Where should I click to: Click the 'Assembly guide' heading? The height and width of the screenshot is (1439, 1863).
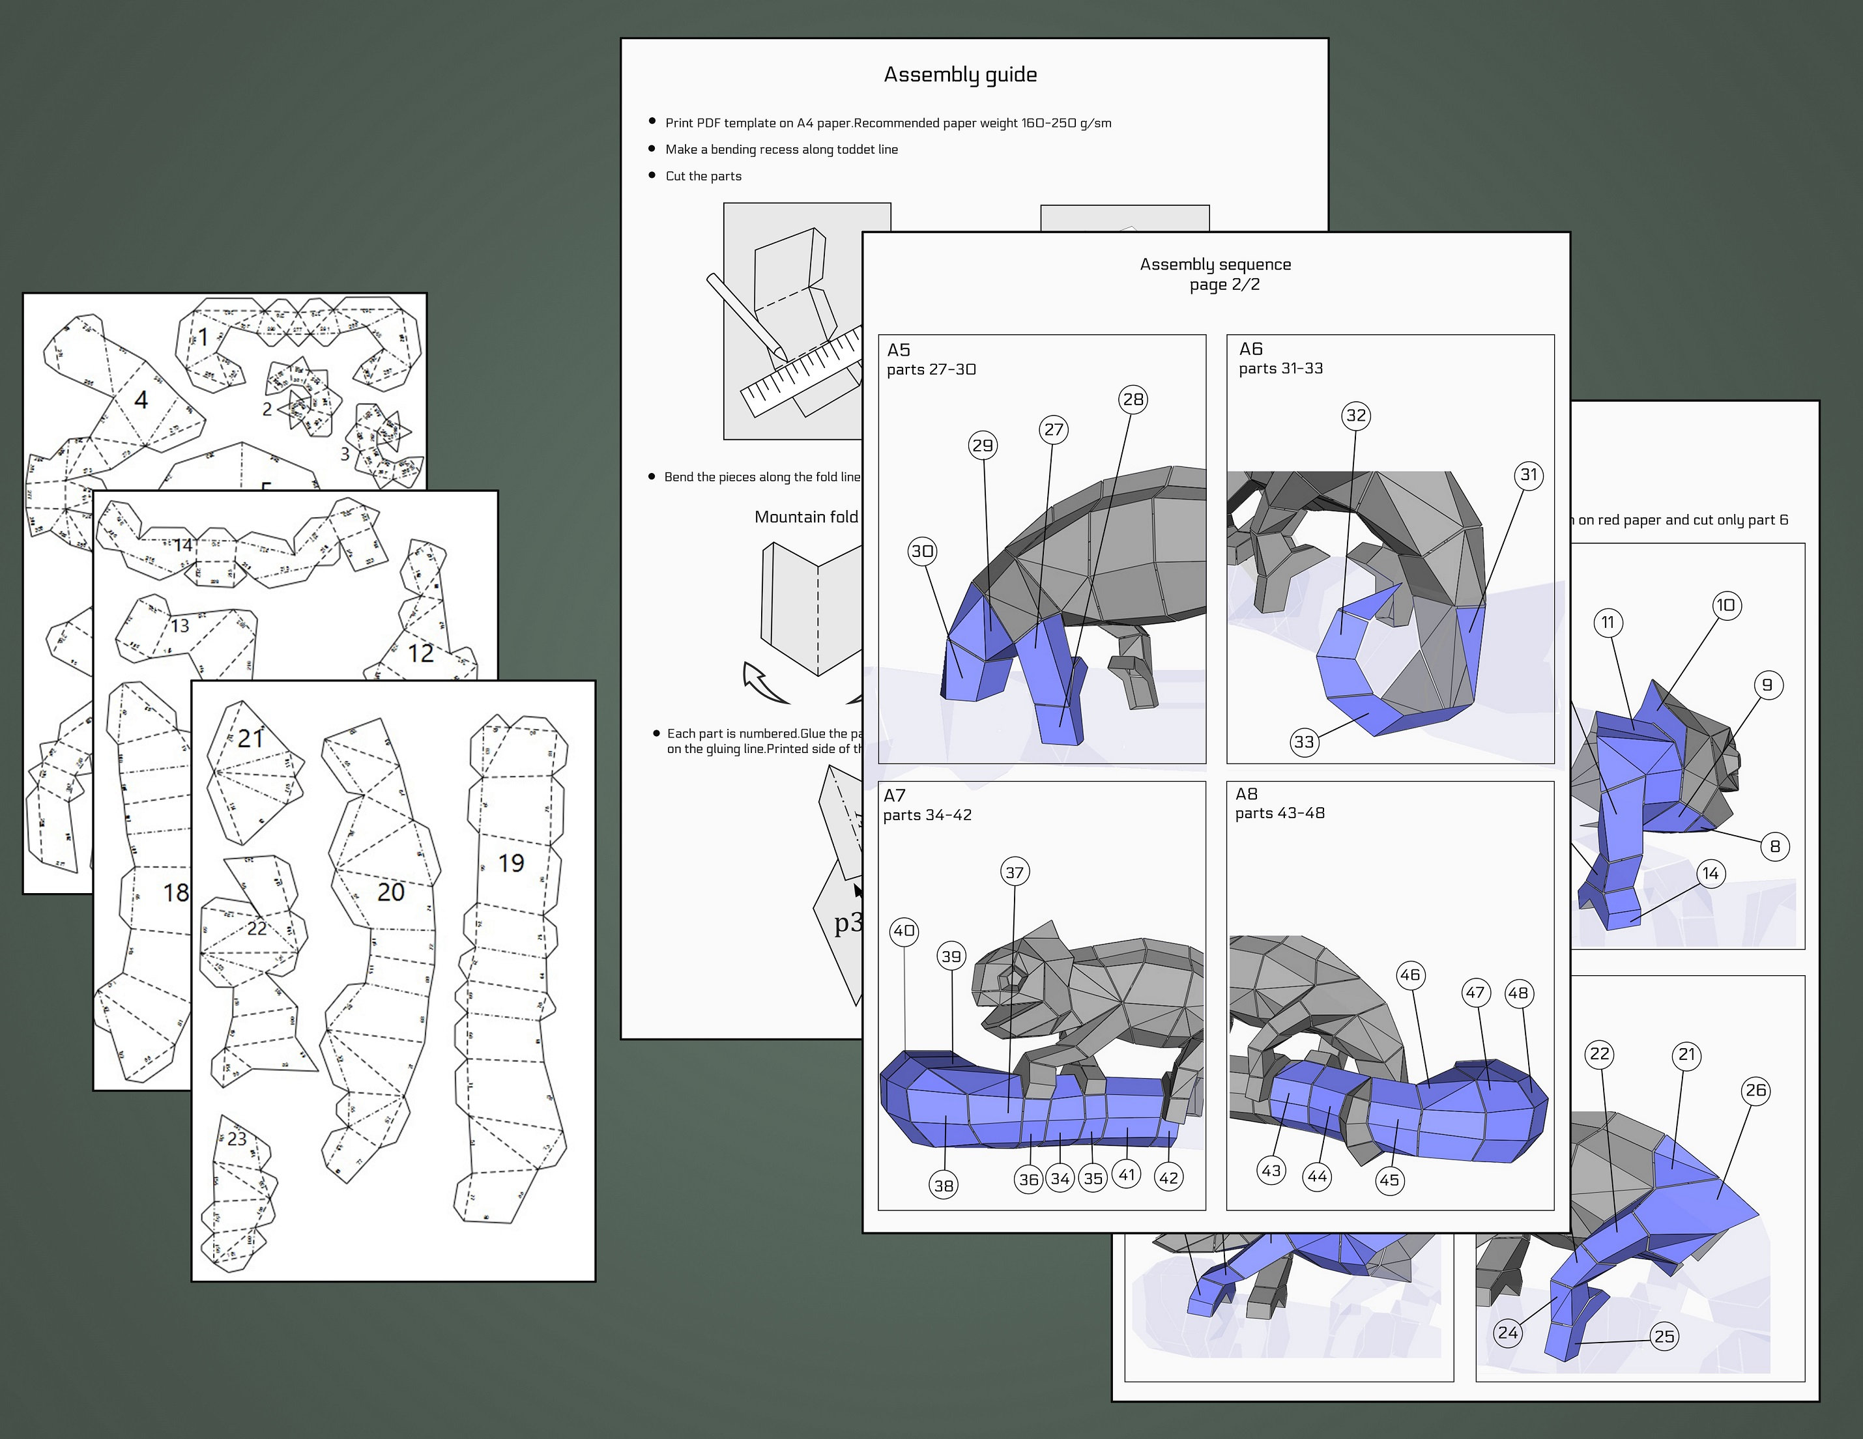coord(960,75)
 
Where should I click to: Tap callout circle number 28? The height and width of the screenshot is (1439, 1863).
coord(1133,399)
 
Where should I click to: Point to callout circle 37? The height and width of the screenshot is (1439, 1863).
coord(1014,872)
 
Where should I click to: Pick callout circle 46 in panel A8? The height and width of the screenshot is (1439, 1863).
coord(1410,975)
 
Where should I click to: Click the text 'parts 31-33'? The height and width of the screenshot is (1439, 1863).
coord(1280,369)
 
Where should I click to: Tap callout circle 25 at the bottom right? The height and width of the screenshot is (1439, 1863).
coord(1664,1337)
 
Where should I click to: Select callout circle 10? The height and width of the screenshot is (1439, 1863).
coord(1727,606)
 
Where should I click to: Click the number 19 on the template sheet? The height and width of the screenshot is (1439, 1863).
coord(511,863)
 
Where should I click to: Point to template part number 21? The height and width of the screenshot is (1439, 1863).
coord(251,739)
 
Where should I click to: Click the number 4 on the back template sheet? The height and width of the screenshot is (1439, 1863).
coord(141,399)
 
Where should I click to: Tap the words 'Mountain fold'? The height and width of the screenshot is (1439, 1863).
coord(806,517)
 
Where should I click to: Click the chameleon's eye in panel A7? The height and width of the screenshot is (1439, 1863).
coord(1013,974)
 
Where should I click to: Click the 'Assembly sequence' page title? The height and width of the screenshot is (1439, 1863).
coord(1215,264)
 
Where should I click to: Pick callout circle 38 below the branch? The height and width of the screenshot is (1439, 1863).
coord(944,1185)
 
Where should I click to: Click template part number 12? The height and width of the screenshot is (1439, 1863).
coord(420,653)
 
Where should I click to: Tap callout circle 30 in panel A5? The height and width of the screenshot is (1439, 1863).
coord(922,551)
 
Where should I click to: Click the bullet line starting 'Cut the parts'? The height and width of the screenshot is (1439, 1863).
coord(703,177)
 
